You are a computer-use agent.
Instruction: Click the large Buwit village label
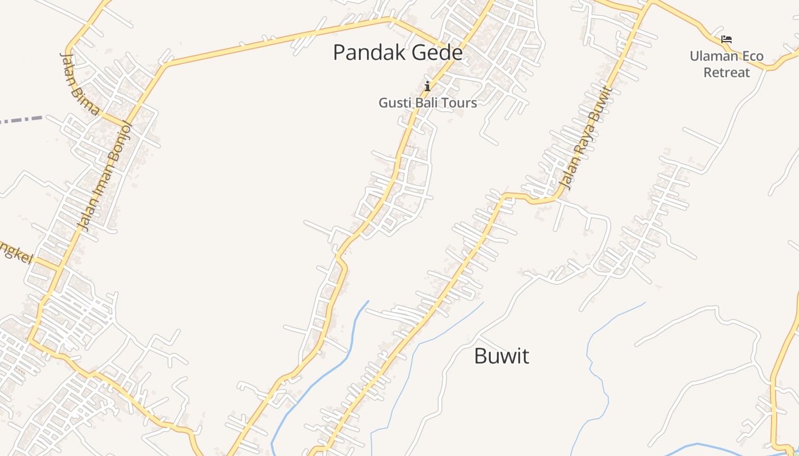pyautogui.click(x=502, y=356)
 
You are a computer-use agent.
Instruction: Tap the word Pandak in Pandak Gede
pyautogui.click(x=363, y=52)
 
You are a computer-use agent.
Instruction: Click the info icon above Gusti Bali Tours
pyautogui.click(x=427, y=86)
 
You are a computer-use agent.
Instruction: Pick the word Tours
pyautogui.click(x=459, y=103)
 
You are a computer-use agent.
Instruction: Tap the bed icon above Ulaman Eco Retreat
pyautogui.click(x=726, y=39)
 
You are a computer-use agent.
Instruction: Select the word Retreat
pyautogui.click(x=727, y=73)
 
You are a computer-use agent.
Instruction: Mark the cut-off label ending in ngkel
pyautogui.click(x=14, y=253)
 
